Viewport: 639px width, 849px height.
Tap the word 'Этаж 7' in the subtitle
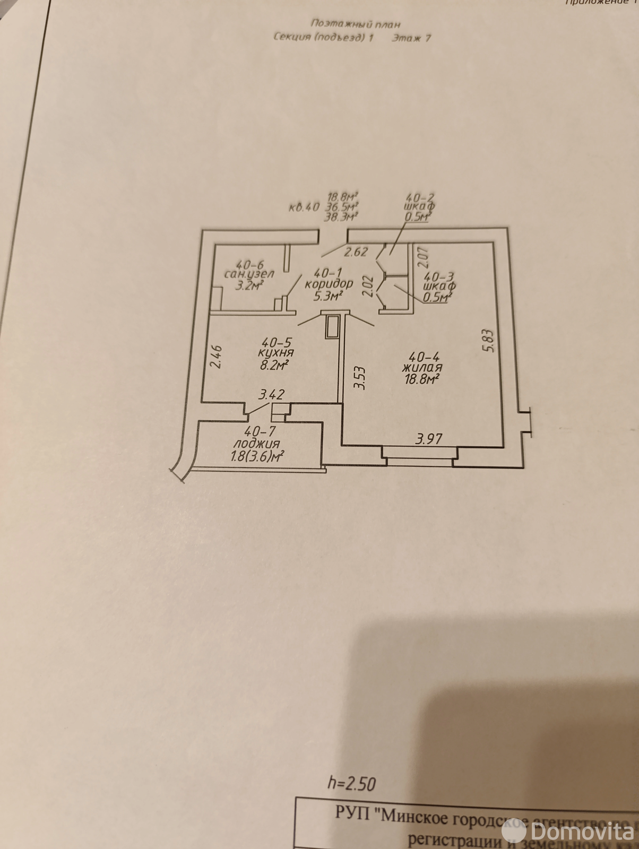pyautogui.click(x=411, y=38)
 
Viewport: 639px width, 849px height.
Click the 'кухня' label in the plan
pyautogui.click(x=276, y=353)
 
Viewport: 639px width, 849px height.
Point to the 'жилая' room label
pyautogui.click(x=422, y=367)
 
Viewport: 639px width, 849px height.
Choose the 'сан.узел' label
pyautogui.click(x=249, y=274)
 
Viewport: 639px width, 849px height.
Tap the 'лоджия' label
pyautogui.click(x=257, y=444)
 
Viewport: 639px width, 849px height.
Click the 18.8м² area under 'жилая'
pyautogui.click(x=422, y=379)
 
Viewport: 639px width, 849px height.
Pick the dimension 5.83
pyautogui.click(x=489, y=341)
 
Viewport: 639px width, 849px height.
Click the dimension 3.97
pyautogui.click(x=429, y=439)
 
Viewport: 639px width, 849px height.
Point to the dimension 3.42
pyautogui.click(x=271, y=395)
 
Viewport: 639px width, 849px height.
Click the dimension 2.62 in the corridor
pyautogui.click(x=355, y=252)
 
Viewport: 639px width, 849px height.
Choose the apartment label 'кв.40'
pyautogui.click(x=304, y=207)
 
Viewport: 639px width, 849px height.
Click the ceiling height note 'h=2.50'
pyautogui.click(x=352, y=783)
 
